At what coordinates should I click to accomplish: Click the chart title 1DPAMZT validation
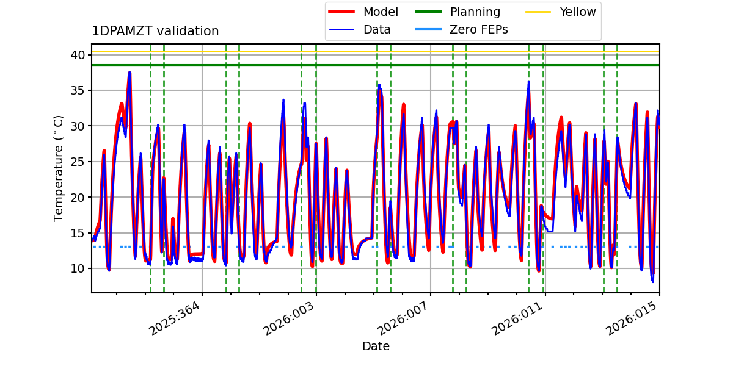click(x=155, y=31)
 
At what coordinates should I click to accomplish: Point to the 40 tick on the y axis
click(x=78, y=55)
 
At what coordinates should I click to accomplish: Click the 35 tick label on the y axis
click(x=78, y=90)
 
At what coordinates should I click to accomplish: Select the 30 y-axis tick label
click(x=78, y=126)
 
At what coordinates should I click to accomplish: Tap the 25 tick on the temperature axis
click(x=78, y=162)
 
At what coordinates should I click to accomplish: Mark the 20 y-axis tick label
click(x=78, y=198)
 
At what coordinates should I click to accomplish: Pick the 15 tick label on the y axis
click(x=78, y=233)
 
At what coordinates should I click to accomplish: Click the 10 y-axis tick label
click(x=78, y=268)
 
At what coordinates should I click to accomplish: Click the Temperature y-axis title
click(x=58, y=168)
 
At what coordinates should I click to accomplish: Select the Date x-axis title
click(x=376, y=346)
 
